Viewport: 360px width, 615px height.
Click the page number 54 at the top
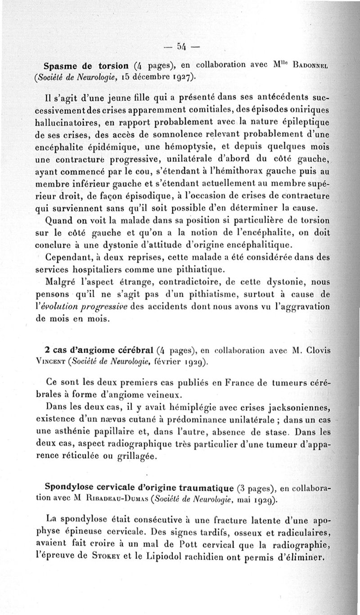click(182, 46)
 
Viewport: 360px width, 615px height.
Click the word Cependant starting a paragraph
click(69, 257)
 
